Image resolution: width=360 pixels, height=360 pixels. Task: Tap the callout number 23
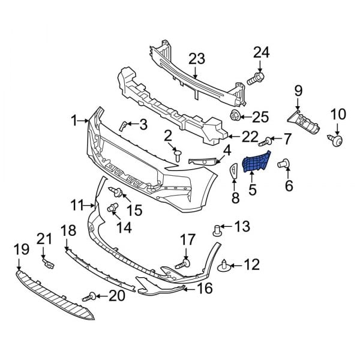(197, 59)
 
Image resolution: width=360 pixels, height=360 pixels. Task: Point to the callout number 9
(298, 91)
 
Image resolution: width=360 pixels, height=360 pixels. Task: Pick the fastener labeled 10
(335, 139)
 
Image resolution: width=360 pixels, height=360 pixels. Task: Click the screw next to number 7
(266, 141)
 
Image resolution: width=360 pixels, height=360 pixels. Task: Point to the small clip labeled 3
(123, 125)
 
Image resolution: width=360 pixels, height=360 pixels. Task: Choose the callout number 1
(74, 121)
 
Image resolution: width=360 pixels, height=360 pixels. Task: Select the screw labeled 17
(182, 263)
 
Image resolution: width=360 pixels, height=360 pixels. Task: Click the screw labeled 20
(92, 295)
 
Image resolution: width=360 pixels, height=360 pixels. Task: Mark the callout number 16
(205, 289)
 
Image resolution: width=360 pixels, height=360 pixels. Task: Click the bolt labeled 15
(117, 192)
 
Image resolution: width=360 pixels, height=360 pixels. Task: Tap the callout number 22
(247, 136)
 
